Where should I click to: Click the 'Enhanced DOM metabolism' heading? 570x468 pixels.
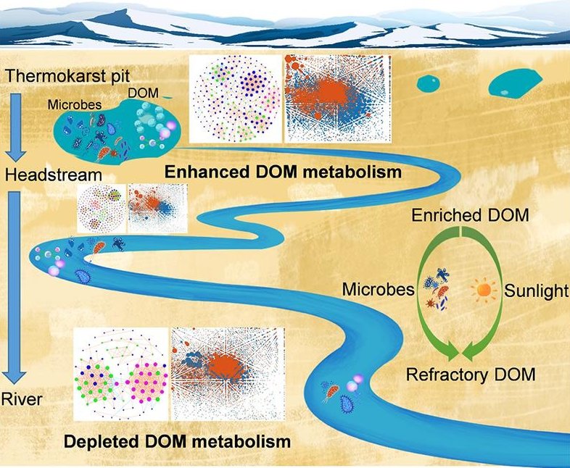pos(283,173)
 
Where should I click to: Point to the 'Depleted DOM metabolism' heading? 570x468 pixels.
pos(178,440)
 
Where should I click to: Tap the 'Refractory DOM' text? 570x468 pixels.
pos(471,375)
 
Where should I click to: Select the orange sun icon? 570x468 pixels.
pos(484,291)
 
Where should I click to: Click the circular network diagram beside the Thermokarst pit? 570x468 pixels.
pos(234,99)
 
